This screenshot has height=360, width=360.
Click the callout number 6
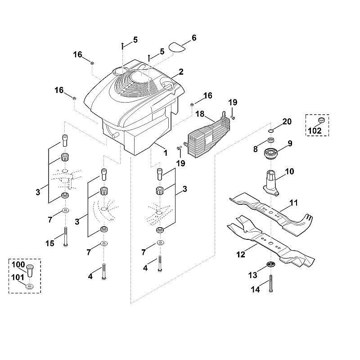[x=194, y=38]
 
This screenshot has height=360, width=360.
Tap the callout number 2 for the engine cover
[x=181, y=72]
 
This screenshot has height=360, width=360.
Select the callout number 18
[x=200, y=114]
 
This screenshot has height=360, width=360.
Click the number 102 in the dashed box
[x=315, y=131]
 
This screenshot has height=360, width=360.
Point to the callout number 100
[x=18, y=265]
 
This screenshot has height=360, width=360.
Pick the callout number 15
[x=50, y=243]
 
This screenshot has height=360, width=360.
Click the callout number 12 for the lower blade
[x=241, y=255]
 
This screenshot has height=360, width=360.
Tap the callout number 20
[x=287, y=121]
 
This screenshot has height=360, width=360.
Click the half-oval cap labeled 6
[x=177, y=47]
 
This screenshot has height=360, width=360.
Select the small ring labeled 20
[x=271, y=131]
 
